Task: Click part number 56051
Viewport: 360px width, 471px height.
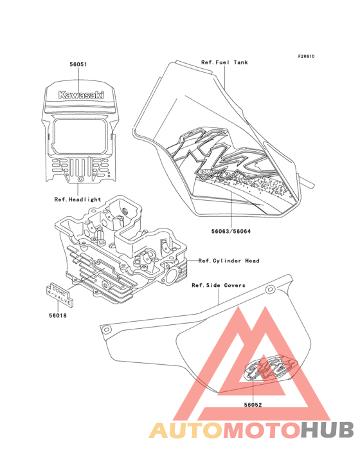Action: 78,64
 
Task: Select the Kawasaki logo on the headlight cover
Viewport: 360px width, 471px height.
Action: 81,95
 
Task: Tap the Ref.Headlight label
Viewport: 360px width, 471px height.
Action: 78,199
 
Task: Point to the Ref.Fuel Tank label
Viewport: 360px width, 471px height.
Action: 224,62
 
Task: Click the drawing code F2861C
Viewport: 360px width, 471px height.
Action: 306,56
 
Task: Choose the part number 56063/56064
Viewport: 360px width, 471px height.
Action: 231,231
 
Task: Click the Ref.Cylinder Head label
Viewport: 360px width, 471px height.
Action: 229,261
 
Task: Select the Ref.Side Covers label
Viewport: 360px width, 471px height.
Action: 219,285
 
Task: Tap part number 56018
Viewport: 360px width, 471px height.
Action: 58,315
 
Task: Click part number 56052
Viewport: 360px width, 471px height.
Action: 253,405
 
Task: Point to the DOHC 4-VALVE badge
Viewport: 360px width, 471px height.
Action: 60,295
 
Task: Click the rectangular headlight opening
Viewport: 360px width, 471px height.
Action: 80,136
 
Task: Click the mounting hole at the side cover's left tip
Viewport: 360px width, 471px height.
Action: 106,330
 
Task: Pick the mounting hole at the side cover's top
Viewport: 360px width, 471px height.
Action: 270,290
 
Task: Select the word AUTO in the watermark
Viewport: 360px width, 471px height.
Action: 186,430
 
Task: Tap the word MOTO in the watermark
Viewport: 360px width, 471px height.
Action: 262,430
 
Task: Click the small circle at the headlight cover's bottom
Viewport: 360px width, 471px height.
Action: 80,179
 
